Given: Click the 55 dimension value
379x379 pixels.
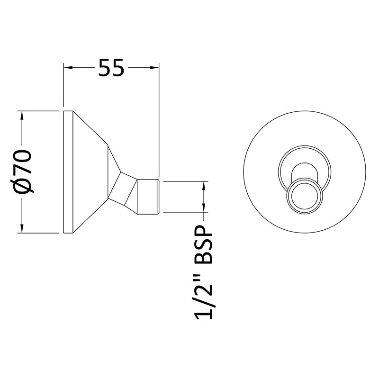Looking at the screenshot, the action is [111, 68].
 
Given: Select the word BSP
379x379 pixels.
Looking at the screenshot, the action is [203, 245].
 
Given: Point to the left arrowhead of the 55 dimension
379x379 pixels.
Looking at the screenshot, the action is [68, 68].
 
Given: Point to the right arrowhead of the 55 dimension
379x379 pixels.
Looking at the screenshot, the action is [154, 68].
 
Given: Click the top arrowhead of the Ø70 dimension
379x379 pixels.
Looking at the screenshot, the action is [22, 116].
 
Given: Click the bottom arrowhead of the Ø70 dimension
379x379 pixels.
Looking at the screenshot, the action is [22, 228].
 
